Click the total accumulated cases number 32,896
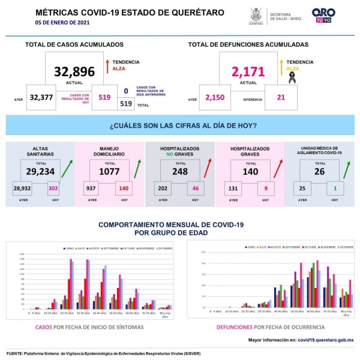(74, 71)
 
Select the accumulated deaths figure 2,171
(248, 72)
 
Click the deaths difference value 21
(281, 98)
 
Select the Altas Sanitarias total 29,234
(40, 171)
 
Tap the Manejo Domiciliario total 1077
(110, 171)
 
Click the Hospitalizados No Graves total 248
(179, 171)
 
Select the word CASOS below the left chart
(43, 327)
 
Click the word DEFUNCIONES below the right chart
(234, 328)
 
